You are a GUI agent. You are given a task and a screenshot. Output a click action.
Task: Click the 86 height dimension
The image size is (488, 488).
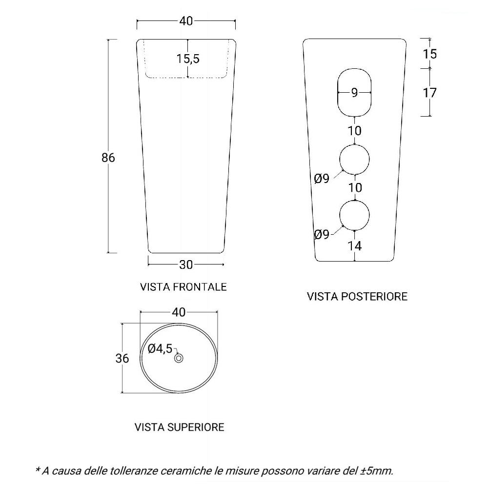click(x=108, y=158)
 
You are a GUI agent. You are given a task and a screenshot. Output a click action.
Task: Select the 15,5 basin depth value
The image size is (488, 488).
click(x=188, y=59)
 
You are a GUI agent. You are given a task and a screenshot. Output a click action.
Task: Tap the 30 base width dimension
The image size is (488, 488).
click(x=186, y=264)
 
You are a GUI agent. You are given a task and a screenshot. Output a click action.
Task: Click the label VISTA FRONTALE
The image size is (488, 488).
click(x=183, y=286)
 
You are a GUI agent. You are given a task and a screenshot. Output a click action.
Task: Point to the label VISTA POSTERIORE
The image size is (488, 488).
click(x=357, y=296)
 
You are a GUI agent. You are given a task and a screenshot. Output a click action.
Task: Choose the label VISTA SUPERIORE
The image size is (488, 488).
click(x=179, y=427)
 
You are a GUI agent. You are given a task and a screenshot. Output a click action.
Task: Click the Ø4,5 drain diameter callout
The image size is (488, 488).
click(x=160, y=348)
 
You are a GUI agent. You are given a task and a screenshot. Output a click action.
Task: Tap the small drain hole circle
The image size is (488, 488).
click(x=179, y=358)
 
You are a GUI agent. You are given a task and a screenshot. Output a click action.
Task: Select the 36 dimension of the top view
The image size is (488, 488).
click(x=122, y=358)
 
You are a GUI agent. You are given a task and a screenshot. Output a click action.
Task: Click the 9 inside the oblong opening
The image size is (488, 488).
click(x=354, y=92)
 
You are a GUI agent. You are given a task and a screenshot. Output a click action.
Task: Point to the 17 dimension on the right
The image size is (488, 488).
click(x=430, y=93)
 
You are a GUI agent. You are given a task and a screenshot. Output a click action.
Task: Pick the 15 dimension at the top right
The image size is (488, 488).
click(x=430, y=54)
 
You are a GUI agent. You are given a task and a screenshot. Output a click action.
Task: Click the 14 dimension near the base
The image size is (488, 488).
click(x=354, y=246)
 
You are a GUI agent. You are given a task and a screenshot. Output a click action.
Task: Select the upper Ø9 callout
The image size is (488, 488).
click(x=322, y=179)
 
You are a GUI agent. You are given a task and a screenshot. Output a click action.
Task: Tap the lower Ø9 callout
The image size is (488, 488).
click(x=322, y=234)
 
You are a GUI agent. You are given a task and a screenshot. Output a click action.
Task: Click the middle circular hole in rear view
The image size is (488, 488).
click(x=354, y=145)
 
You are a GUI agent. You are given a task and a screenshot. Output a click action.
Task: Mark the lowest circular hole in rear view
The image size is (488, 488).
click(x=354, y=201)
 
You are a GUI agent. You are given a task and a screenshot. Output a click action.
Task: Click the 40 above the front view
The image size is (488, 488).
click(x=186, y=21)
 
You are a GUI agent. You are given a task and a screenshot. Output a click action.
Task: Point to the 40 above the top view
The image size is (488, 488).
click(x=179, y=312)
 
